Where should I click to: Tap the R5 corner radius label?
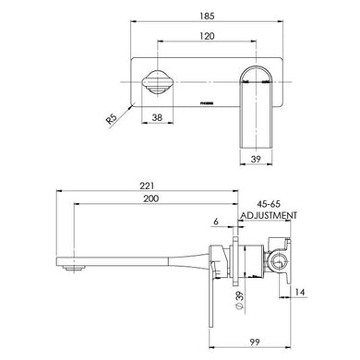113,117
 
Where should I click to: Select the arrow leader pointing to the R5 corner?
127,106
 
